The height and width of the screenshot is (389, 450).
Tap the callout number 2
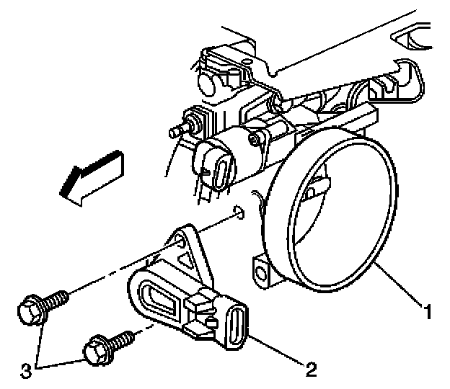(311, 370)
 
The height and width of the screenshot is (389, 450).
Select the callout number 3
(26, 370)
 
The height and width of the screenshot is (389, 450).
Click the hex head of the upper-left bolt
(30, 310)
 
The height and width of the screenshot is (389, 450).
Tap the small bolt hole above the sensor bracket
(240, 213)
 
